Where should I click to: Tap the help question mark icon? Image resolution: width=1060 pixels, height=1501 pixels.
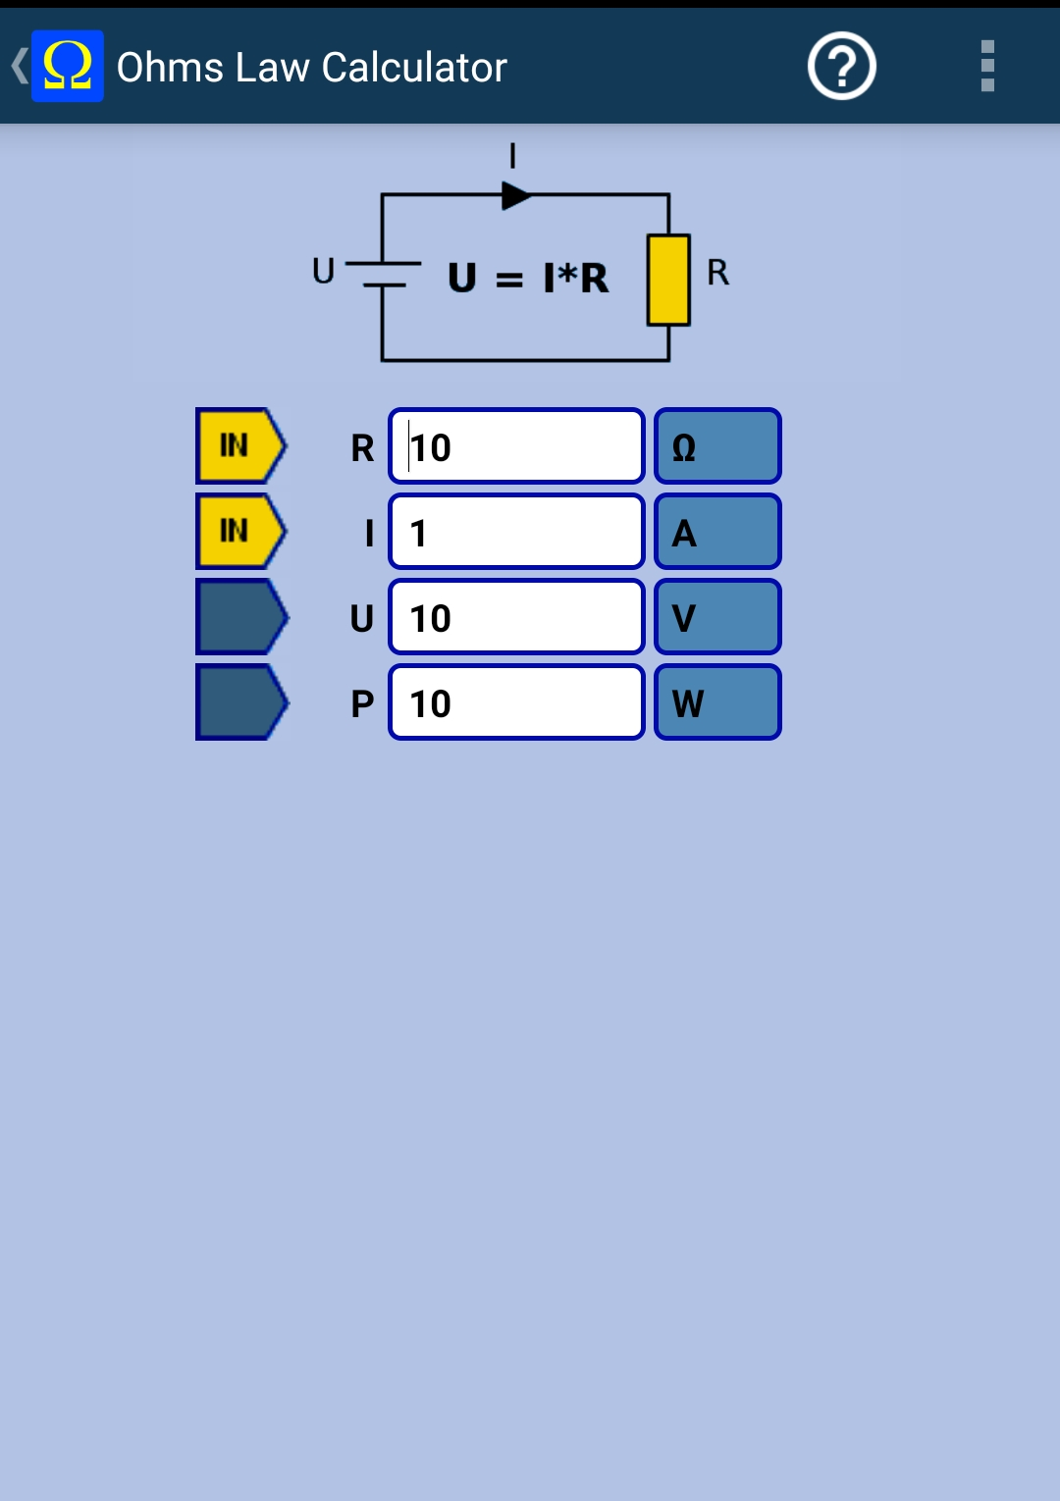tap(841, 66)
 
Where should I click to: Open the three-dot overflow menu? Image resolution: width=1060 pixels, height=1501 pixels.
tap(987, 66)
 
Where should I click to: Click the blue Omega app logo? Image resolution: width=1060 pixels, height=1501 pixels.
tap(67, 66)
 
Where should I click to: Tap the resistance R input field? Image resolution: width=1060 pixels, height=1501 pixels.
tap(516, 445)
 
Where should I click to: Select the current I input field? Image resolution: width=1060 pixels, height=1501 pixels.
tap(516, 532)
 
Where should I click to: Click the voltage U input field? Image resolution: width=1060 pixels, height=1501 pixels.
tap(516, 616)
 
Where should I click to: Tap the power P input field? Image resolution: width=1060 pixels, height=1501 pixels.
tap(516, 702)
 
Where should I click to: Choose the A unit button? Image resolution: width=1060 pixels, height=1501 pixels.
tap(717, 532)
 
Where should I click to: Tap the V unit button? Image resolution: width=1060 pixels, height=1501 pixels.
tap(717, 616)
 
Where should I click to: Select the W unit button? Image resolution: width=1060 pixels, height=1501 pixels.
tap(717, 702)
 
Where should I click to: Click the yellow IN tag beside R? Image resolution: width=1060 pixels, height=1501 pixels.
tap(241, 445)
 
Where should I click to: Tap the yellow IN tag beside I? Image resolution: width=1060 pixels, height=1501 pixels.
tap(241, 532)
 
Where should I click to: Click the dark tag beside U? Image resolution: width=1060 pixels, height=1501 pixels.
tap(241, 616)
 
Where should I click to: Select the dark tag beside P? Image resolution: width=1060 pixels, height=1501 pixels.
tap(241, 702)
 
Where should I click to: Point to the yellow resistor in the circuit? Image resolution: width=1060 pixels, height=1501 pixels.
tap(668, 281)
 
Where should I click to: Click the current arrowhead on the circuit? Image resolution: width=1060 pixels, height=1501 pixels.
tap(516, 195)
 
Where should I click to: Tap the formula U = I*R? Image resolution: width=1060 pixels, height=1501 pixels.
tap(528, 278)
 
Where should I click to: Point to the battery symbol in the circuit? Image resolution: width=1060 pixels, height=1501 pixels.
tap(383, 274)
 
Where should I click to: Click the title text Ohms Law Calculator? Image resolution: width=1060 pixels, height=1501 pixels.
tap(312, 67)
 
